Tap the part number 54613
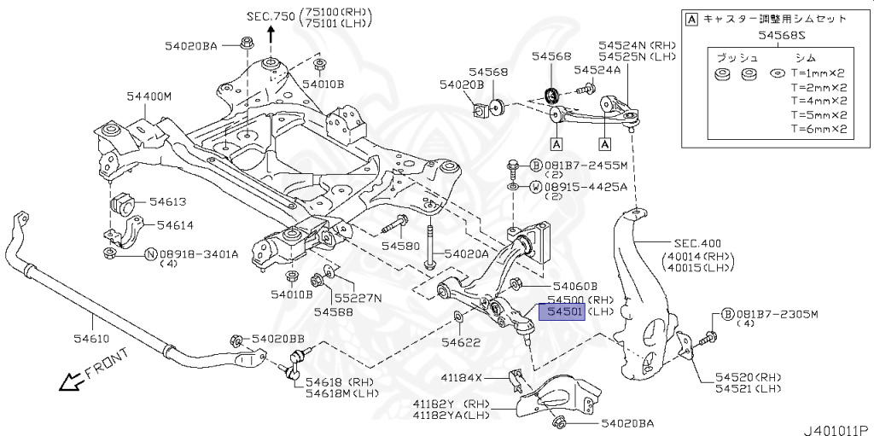(168, 202)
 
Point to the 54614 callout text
(173, 225)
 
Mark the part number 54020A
(466, 253)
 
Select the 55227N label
(358, 299)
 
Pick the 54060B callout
(574, 287)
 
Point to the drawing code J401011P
(835, 428)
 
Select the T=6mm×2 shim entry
(818, 130)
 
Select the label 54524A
(597, 70)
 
